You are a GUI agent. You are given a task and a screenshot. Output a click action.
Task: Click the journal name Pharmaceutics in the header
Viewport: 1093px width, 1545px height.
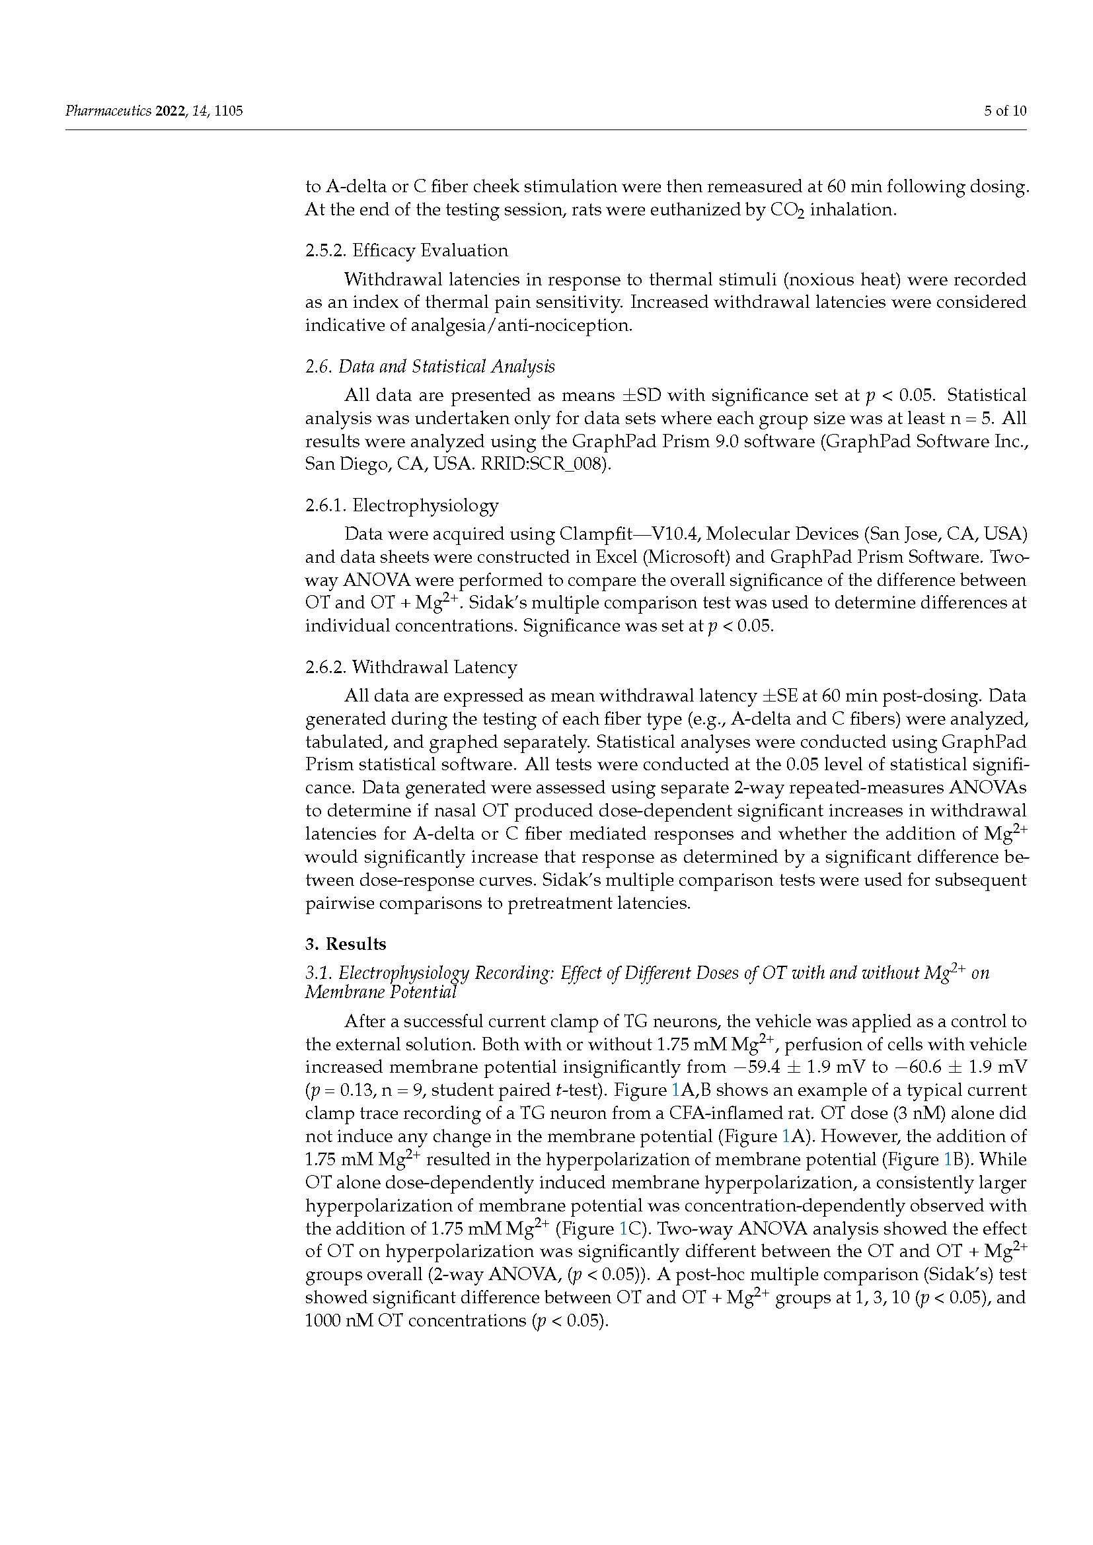tap(108, 111)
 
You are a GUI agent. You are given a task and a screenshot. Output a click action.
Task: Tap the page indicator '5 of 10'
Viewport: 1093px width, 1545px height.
tap(1005, 111)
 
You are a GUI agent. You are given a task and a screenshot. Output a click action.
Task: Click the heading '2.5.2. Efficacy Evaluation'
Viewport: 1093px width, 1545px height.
tap(406, 250)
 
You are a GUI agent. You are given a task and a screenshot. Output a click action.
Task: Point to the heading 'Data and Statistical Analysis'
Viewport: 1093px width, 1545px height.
tap(446, 367)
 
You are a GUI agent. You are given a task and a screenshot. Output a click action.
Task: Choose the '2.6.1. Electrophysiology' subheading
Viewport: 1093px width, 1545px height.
tap(402, 505)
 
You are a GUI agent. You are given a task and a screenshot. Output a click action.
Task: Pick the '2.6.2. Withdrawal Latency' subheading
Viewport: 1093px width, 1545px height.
tap(411, 667)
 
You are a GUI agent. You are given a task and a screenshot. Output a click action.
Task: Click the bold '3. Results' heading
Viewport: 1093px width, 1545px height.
tap(346, 944)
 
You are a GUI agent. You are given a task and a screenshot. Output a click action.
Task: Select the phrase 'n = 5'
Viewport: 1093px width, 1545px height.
tap(971, 419)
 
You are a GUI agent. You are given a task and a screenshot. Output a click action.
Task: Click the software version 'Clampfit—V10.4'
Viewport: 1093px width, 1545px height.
tap(630, 534)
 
